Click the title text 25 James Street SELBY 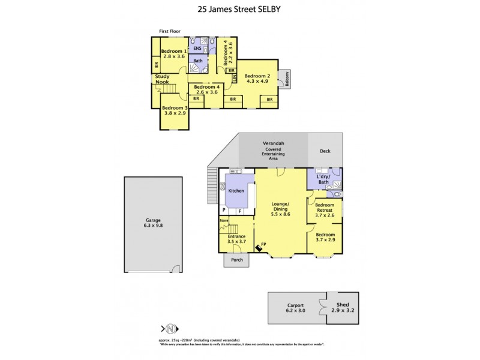(239, 10)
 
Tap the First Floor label (169, 31)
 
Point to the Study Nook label (162, 79)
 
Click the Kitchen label (236, 190)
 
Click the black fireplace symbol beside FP (258, 246)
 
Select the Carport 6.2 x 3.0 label (293, 308)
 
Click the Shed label (343, 305)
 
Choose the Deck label (325, 151)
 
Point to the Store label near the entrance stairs (224, 221)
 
